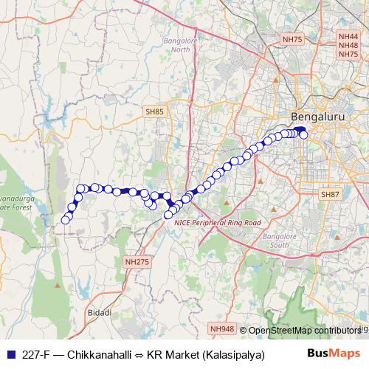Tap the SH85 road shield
(154, 111)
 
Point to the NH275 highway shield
(137, 261)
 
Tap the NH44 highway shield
(348, 35)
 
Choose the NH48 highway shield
(348, 45)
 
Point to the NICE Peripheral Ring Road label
(213, 221)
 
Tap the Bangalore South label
(280, 241)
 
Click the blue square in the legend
(9, 354)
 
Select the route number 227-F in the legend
(38, 354)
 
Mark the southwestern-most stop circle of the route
(65, 219)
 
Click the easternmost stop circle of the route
(303, 134)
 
